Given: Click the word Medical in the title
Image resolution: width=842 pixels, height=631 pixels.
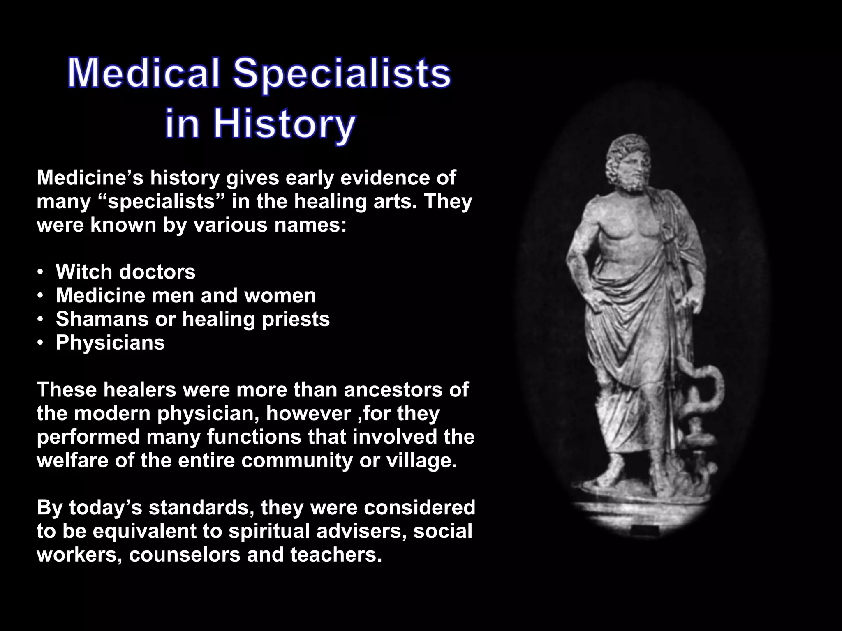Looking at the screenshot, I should click(143, 74).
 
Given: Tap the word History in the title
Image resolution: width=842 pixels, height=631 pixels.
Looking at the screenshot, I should click(284, 124).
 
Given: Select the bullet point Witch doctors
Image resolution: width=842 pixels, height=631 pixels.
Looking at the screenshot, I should click(125, 272).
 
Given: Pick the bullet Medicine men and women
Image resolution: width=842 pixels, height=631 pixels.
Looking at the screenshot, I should click(186, 295).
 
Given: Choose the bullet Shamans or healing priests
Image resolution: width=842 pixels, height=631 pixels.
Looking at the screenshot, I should click(192, 319).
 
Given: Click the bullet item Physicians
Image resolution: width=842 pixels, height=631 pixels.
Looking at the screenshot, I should click(110, 343).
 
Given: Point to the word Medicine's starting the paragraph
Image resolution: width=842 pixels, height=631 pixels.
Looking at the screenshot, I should click(90, 178).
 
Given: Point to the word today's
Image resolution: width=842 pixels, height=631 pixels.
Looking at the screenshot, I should click(105, 508).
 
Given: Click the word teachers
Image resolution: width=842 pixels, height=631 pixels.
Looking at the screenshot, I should click(336, 555).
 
